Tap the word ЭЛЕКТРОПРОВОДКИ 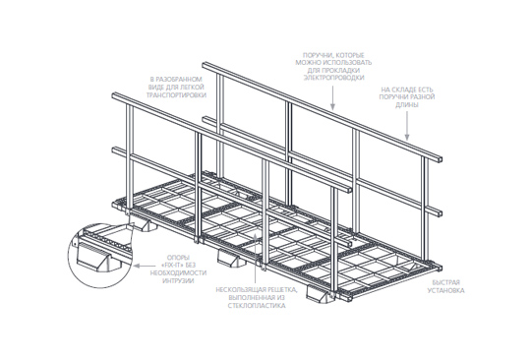[333, 78]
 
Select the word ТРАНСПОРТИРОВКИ [176, 95]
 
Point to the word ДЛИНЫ [407, 105]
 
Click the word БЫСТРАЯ [445, 282]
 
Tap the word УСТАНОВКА [445, 290]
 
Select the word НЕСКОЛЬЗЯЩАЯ [241, 290]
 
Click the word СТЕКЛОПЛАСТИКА [257, 306]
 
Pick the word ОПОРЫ [178, 258]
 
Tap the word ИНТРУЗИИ [178, 280]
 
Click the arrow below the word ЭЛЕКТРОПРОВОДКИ [333, 98]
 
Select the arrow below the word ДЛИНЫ [407, 126]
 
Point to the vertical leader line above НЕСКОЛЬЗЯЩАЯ [256, 258]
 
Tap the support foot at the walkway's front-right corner [320, 294]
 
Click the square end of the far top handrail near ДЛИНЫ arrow [439, 159]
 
